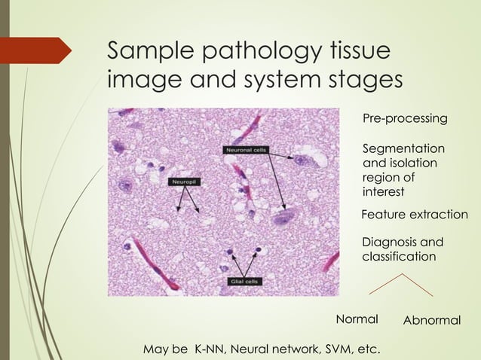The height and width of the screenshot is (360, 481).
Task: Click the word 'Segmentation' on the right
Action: (403, 148)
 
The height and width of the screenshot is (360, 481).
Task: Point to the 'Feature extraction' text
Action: (415, 215)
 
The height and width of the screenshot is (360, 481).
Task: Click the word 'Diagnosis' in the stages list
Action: (390, 242)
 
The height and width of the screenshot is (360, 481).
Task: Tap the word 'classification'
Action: (399, 256)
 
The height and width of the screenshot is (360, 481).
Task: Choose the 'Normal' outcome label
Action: (357, 319)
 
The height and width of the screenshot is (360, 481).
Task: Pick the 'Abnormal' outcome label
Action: (432, 320)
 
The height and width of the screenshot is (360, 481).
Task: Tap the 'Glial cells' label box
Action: (245, 281)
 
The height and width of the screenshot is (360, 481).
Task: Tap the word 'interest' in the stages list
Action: (384, 191)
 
